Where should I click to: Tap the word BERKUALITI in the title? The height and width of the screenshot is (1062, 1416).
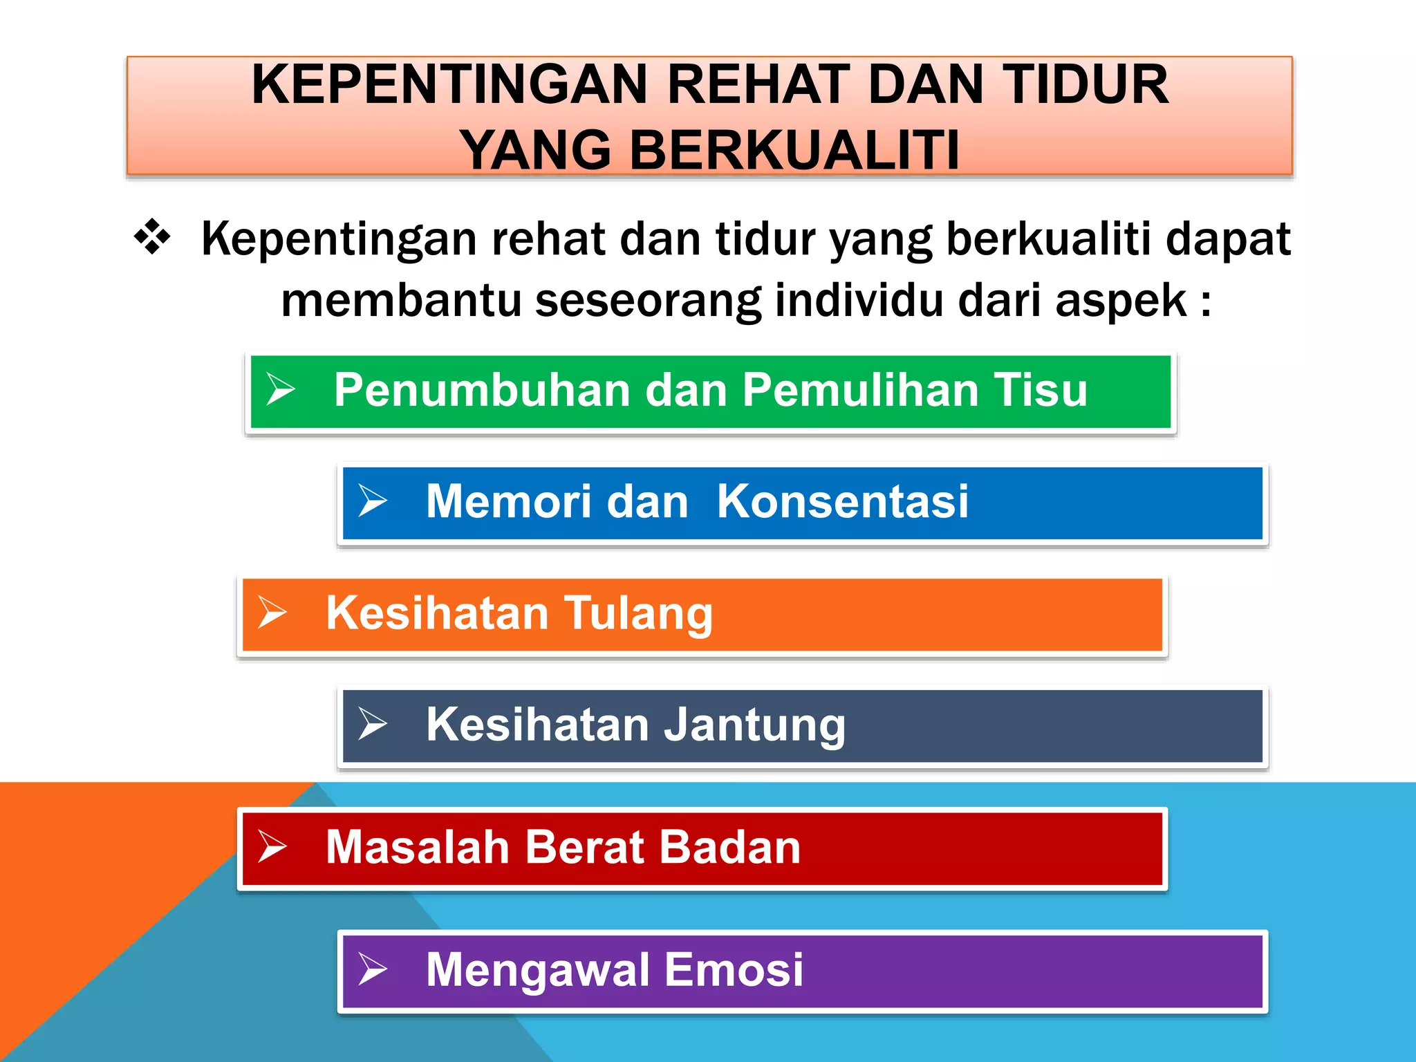(794, 150)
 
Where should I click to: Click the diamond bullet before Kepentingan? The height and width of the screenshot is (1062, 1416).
(152, 237)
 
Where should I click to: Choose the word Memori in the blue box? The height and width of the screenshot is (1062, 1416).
(509, 501)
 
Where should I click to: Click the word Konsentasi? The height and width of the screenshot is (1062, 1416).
(842, 501)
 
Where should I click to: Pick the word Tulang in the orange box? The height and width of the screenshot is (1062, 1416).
(638, 614)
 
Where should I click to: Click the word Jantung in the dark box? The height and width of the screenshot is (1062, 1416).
(754, 726)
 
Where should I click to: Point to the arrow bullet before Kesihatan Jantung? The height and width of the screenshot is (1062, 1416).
(372, 724)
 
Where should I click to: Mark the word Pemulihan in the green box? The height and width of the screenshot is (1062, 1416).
(861, 389)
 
